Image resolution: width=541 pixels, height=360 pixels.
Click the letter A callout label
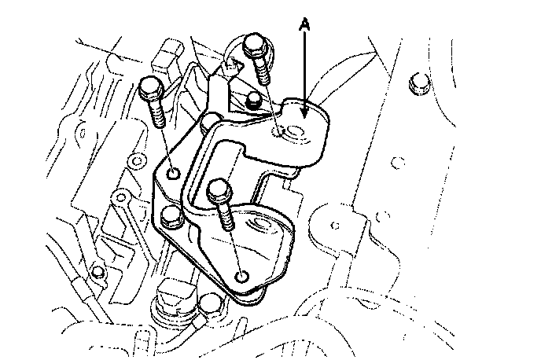[x=304, y=24]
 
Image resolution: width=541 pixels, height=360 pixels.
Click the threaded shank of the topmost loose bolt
[x=262, y=70]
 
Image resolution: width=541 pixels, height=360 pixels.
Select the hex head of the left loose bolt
[x=150, y=87]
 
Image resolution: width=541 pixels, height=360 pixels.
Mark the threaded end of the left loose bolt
[x=157, y=112]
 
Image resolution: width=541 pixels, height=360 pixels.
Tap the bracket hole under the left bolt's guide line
[x=173, y=172]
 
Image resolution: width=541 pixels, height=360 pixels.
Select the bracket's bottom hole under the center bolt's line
[x=242, y=277]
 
